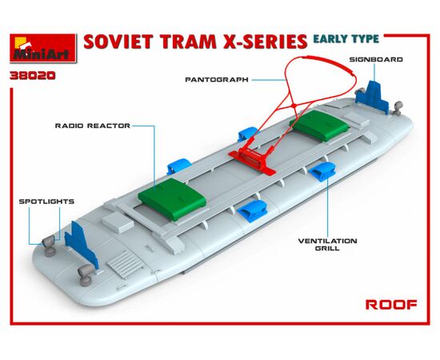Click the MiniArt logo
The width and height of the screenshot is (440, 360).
pos(43,48)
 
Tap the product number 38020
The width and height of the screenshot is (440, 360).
pos(33,76)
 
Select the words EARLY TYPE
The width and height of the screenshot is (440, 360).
pos(346,38)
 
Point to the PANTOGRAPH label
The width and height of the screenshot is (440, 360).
pos(217,80)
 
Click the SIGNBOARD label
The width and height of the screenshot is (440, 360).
pos(376,59)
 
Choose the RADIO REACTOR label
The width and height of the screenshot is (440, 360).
pos(93,126)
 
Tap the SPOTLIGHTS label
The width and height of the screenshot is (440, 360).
pos(46,202)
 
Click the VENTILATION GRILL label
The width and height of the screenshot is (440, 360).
pos(327,244)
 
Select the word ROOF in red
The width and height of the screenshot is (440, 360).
pos(391,305)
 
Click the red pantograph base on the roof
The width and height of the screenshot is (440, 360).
pos(252,160)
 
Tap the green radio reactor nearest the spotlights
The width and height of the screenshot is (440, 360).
pos(172,199)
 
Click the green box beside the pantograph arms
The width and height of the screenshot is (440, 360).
pos(319,125)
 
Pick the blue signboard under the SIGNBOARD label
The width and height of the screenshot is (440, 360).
pos(372,97)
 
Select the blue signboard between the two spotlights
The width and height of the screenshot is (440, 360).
pos(81,243)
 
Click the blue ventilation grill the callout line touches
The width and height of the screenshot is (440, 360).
pos(322,172)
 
